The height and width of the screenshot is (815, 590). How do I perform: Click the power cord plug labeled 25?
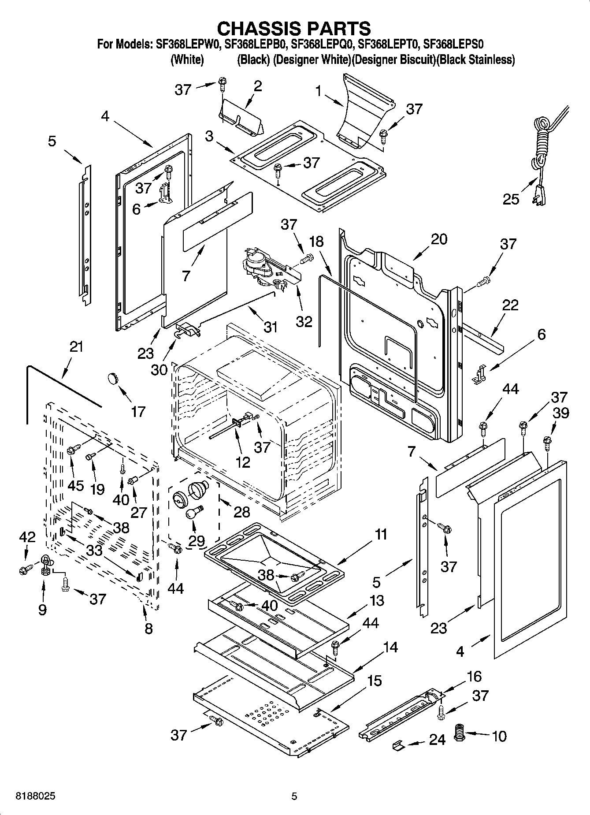click(538, 194)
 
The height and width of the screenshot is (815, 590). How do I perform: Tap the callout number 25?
click(511, 199)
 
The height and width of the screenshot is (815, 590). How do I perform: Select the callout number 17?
click(138, 412)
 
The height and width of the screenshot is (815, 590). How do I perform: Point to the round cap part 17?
click(113, 378)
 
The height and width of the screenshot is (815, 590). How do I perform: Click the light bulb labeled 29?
click(194, 513)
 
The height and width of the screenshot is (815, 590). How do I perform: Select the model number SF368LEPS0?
click(453, 44)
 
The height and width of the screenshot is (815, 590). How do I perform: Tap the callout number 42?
click(27, 536)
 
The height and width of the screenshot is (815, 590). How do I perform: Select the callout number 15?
click(374, 681)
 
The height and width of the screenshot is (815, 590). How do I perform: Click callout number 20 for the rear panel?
click(438, 239)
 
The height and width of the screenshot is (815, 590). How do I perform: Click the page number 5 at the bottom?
click(294, 796)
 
